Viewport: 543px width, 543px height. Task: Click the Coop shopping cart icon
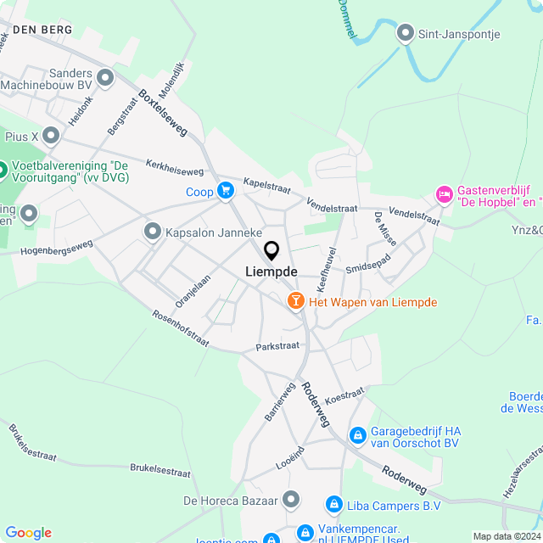(x=225, y=191)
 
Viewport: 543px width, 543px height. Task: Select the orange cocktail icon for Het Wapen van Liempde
(x=295, y=300)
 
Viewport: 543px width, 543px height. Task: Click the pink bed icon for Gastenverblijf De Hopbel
(x=445, y=195)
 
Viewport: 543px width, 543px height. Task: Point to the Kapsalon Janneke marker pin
(x=154, y=231)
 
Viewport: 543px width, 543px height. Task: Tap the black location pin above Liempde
(x=271, y=251)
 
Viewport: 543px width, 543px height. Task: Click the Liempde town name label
(x=271, y=271)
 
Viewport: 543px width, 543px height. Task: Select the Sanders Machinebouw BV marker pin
(x=105, y=78)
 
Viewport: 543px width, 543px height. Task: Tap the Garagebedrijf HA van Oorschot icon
(x=358, y=435)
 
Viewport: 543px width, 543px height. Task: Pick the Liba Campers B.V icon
(x=334, y=506)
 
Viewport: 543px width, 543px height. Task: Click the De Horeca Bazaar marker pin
(x=291, y=500)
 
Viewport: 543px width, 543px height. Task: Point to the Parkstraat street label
(x=277, y=346)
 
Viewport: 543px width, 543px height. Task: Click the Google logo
(x=28, y=532)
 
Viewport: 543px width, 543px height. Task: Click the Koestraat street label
(x=344, y=395)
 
